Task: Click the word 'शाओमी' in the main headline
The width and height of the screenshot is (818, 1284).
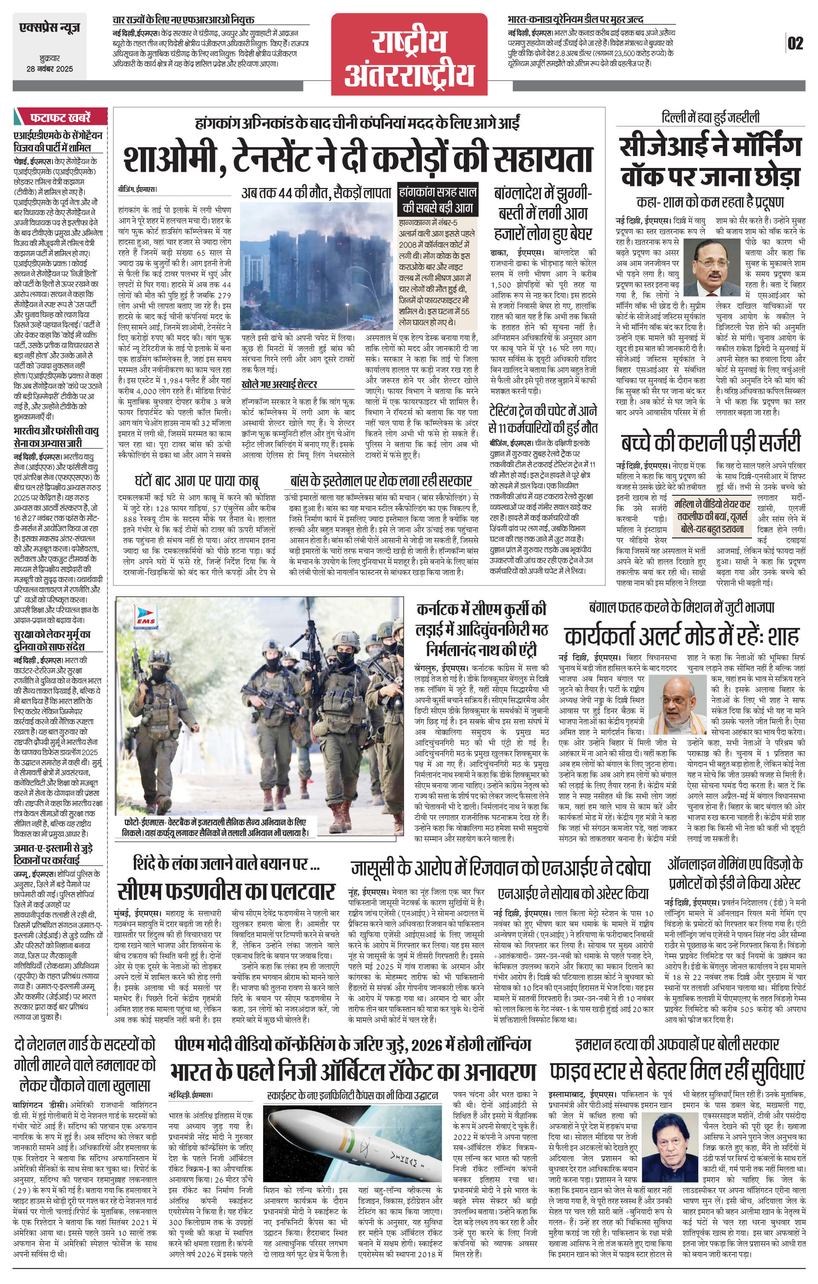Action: tap(168, 158)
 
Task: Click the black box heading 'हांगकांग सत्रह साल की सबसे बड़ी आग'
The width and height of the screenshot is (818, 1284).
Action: tap(437, 200)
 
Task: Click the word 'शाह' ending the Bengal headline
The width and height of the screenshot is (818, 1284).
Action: tap(784, 636)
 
